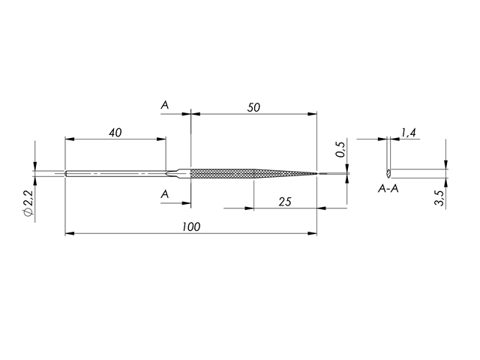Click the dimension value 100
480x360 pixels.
(190, 226)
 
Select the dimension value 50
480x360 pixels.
(253, 107)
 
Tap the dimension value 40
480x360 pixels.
(115, 132)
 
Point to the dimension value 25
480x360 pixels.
(285, 201)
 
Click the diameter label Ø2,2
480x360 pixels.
(28, 202)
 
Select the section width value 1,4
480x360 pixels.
(409, 133)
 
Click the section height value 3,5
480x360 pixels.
(440, 198)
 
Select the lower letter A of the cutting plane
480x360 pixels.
(165, 194)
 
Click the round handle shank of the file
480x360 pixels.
(112, 174)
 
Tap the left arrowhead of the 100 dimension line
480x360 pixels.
(69, 234)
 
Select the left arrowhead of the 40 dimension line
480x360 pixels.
(69, 139)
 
